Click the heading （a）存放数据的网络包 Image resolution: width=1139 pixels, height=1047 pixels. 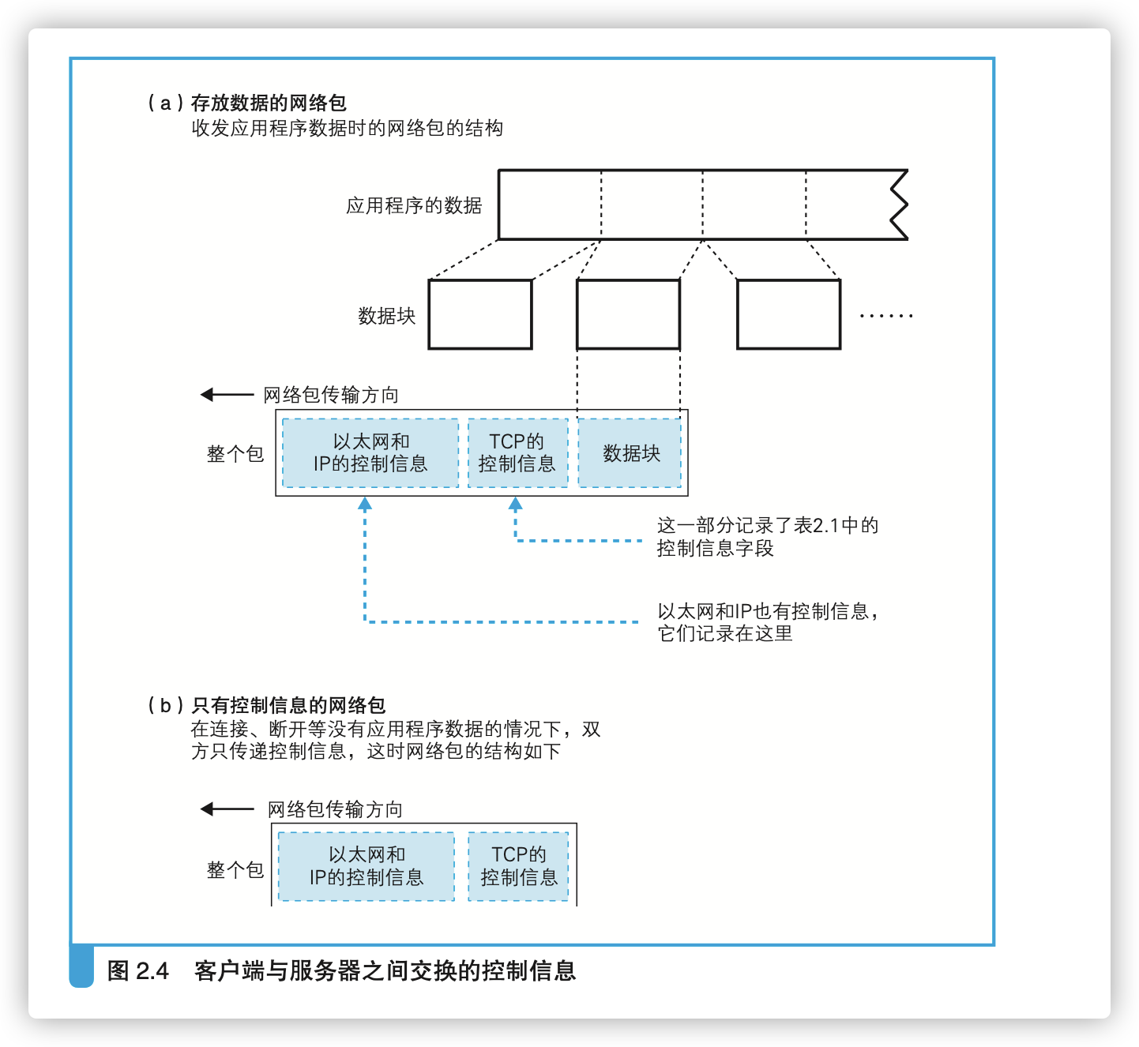click(x=247, y=103)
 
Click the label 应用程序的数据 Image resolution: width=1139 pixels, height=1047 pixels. click(x=413, y=206)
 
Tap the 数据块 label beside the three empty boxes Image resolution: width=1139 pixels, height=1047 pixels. click(x=386, y=316)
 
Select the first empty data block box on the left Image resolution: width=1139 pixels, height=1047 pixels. click(x=479, y=314)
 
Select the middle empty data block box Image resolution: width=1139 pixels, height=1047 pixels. click(x=628, y=314)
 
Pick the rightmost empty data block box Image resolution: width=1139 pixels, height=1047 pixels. click(x=788, y=314)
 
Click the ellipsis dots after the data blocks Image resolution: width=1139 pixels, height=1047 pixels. click(x=885, y=316)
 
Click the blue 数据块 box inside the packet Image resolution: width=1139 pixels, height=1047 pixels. click(x=630, y=453)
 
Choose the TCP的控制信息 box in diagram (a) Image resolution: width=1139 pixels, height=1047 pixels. click(x=517, y=453)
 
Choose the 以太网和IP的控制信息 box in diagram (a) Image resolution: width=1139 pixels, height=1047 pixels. click(x=370, y=453)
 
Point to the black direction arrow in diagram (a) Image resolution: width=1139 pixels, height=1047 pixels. click(x=227, y=394)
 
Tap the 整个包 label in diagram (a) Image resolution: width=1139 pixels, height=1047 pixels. click(x=235, y=454)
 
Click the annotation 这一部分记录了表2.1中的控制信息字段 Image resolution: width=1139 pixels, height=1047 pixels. click(x=767, y=537)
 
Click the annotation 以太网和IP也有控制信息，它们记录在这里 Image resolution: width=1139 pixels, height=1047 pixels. click(x=767, y=622)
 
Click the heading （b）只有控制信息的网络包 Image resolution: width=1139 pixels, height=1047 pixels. click(x=267, y=705)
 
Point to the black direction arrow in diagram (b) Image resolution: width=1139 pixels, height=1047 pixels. click(x=227, y=809)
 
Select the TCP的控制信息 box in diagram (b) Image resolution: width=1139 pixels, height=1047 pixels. click(x=518, y=866)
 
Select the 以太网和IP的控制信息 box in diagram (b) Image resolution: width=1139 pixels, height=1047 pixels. click(x=367, y=866)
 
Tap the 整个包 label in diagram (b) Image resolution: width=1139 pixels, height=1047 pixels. click(x=235, y=870)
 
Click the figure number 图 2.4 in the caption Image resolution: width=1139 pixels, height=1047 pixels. click(x=138, y=970)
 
